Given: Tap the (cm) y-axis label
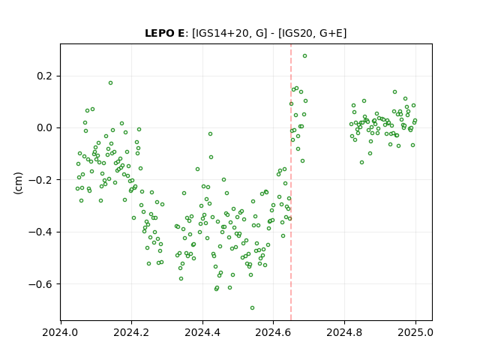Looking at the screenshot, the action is click(18, 183).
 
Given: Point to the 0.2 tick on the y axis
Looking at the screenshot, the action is click(44, 76).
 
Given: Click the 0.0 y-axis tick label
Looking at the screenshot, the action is click(44, 127).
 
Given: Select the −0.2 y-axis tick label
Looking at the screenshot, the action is click(40, 180).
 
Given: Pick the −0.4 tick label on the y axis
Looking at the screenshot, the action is click(40, 232).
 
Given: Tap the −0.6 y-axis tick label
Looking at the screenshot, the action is click(40, 284).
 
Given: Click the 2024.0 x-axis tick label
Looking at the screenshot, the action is click(61, 332).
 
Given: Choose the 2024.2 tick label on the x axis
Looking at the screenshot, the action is click(132, 332).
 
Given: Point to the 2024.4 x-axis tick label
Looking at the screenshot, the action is click(202, 332).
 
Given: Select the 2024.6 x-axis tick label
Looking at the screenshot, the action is click(273, 332).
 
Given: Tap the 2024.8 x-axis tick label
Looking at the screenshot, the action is click(344, 332).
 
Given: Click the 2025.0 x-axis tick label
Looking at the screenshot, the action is click(415, 332).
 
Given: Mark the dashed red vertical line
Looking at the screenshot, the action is click(291, 182).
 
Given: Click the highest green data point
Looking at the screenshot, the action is click(305, 56).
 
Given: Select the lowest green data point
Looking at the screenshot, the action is click(252, 308).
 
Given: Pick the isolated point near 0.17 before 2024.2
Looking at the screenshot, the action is click(110, 83).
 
